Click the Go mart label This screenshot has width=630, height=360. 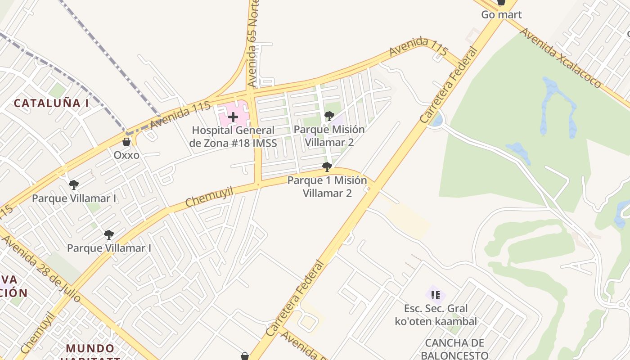coord(501,15)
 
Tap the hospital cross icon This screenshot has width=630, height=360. coord(233,117)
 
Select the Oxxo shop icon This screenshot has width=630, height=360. coord(126,142)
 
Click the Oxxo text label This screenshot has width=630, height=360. coord(126,155)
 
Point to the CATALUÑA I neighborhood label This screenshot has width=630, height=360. coord(51,103)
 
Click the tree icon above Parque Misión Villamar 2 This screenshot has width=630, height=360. coord(329,116)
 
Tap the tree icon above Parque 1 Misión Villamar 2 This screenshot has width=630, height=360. coord(327,167)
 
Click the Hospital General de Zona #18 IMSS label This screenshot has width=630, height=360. coord(233,137)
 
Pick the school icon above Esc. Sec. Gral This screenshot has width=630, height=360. coord(435,295)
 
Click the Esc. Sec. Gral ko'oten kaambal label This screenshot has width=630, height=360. coord(436,315)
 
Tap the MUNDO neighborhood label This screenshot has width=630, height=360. coord(90,349)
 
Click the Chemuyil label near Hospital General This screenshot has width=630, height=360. coord(209,198)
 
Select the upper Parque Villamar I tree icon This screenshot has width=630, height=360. coord(74,184)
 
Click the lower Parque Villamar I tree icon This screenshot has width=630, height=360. coord(108,234)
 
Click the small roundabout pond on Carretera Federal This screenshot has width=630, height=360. coord(436,120)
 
